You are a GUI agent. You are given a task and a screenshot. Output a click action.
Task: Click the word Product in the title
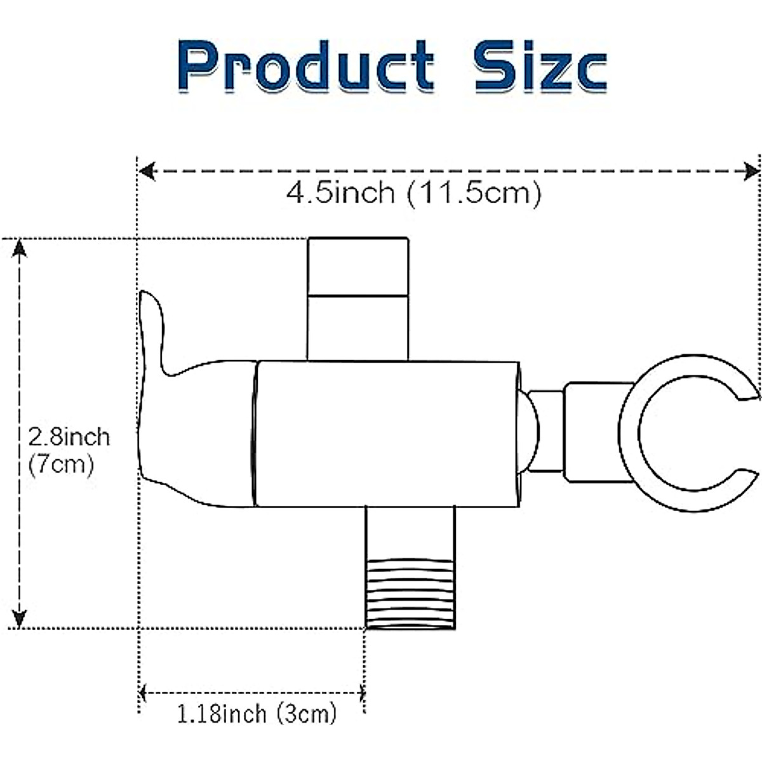[307, 67]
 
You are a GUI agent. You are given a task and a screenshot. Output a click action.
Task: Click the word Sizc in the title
[540, 67]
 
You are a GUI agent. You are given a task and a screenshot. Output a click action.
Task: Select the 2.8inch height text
[69, 437]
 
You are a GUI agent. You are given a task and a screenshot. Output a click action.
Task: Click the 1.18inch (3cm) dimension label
[256, 714]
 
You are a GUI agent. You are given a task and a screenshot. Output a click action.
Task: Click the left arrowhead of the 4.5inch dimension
[147, 171]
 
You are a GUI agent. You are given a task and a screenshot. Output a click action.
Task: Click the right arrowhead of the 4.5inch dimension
[752, 171]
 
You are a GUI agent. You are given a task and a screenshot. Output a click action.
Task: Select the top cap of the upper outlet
[358, 266]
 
